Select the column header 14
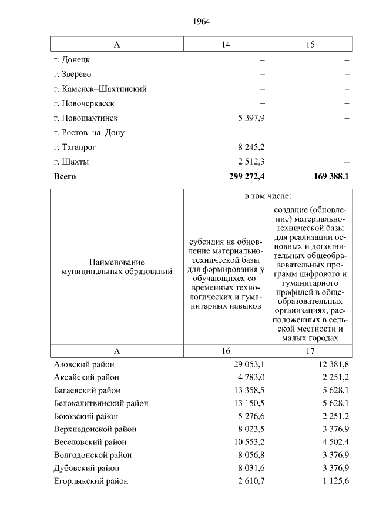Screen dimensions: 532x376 click(x=226, y=45)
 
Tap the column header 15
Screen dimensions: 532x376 click(x=310, y=45)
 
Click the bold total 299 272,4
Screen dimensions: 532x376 click(x=247, y=176)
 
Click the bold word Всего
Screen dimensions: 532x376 click(x=65, y=176)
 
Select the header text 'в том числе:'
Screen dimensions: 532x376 click(x=268, y=196)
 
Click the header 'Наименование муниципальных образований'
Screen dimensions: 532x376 click(x=117, y=266)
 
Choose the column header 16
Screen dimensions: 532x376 click(x=226, y=351)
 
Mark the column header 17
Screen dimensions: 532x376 click(x=310, y=351)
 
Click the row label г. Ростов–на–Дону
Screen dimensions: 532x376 click(x=89, y=133)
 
